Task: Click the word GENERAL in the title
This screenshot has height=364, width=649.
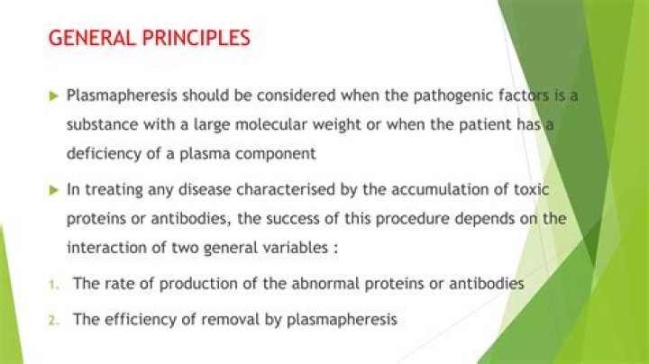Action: click(x=92, y=38)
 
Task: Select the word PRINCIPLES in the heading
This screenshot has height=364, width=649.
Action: click(x=197, y=38)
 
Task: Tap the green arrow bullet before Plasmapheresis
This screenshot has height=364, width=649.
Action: click(x=54, y=96)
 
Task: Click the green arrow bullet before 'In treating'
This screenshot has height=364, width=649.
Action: click(x=54, y=190)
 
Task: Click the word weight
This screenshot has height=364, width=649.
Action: click(x=336, y=125)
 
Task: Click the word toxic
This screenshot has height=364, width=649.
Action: click(x=532, y=190)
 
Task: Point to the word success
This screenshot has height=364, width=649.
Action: click(x=293, y=219)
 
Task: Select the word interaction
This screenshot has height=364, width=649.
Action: click(x=106, y=248)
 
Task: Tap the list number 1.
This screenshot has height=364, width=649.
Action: click(x=52, y=285)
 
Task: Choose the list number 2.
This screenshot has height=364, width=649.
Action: click(x=53, y=321)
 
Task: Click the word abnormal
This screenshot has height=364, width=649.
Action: click(x=324, y=284)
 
